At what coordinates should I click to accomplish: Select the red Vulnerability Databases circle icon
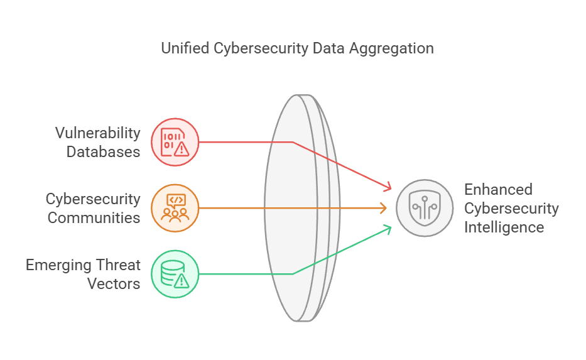(x=175, y=142)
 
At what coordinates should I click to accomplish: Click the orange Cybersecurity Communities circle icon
(x=175, y=208)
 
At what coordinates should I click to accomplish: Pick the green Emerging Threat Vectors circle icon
(x=175, y=274)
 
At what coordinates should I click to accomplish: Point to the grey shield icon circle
(x=425, y=208)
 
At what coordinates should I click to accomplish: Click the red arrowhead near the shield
(x=388, y=187)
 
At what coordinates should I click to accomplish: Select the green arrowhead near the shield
(x=388, y=229)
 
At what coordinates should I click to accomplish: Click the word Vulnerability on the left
(x=97, y=133)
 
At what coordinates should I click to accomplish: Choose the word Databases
(x=103, y=151)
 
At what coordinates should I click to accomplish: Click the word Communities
(x=94, y=218)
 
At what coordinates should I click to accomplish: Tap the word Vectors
(x=114, y=283)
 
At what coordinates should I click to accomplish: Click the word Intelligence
(x=504, y=227)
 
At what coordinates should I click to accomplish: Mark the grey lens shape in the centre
(x=295, y=208)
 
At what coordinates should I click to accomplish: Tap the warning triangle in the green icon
(x=183, y=280)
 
